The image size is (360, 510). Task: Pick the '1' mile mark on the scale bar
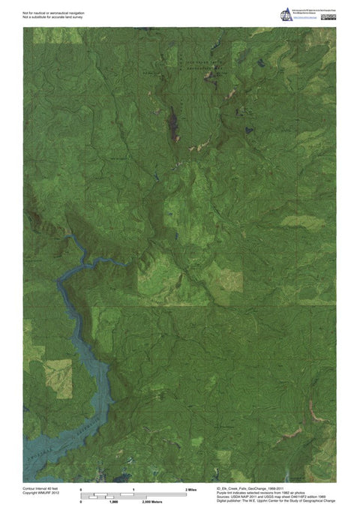[133, 488]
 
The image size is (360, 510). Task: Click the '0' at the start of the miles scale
[80, 488]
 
